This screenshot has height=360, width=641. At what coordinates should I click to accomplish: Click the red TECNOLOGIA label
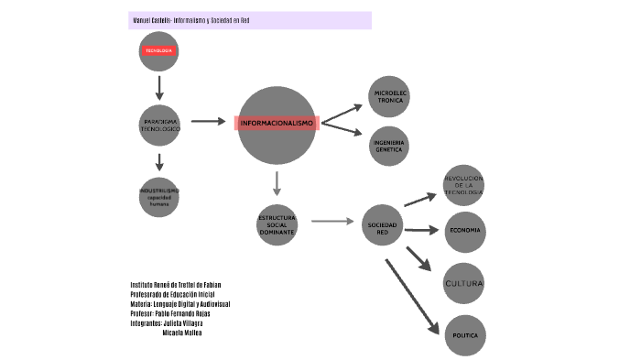(x=159, y=51)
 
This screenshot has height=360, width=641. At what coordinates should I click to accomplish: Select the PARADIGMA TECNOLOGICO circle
(x=159, y=125)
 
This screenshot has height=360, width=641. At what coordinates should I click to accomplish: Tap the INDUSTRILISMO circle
(x=159, y=196)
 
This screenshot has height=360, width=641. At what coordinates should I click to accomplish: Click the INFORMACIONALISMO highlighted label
(x=277, y=123)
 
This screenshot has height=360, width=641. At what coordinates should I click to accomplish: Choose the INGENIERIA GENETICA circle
(x=389, y=147)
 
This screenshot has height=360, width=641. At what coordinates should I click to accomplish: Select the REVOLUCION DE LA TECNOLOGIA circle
(x=462, y=185)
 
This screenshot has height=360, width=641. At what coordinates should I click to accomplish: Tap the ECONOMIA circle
(x=465, y=230)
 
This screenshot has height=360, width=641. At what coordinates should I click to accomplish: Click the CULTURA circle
(x=463, y=283)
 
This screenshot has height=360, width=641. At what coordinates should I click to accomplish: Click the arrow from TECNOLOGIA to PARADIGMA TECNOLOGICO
(x=159, y=87)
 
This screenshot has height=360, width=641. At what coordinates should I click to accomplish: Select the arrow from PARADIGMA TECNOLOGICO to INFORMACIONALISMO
(x=208, y=122)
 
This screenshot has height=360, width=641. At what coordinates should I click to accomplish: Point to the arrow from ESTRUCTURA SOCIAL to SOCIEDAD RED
(x=331, y=221)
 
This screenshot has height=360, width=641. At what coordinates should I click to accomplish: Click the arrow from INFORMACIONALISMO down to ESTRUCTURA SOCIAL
(x=277, y=182)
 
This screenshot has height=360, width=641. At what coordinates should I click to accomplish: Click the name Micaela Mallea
(x=182, y=333)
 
